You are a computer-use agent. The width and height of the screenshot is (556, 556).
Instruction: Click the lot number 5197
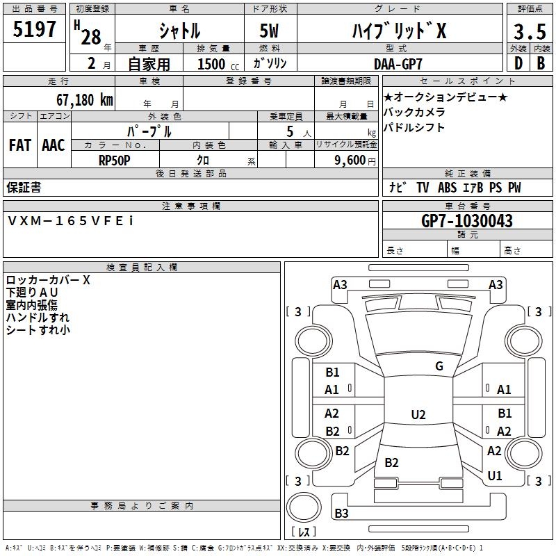pyautogui.click(x=35, y=30)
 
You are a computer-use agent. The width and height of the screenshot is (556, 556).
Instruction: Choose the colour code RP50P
pyautogui.click(x=115, y=160)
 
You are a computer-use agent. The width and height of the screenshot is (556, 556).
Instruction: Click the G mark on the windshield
pyautogui.click(x=439, y=366)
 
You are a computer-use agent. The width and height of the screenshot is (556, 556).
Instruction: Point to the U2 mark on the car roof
pyautogui.click(x=418, y=415)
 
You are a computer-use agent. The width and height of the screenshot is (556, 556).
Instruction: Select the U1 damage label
pyautogui.click(x=495, y=476)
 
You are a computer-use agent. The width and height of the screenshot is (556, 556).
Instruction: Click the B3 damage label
pyautogui.click(x=341, y=514)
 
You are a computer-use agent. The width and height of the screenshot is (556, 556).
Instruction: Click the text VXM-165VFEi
pyautogui.click(x=70, y=220)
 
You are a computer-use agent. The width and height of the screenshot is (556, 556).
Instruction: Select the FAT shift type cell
pyautogui.click(x=19, y=145)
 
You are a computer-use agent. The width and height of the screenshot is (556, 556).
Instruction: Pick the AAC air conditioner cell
pyautogui.click(x=54, y=145)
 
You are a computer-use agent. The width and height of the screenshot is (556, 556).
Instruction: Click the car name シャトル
pyautogui.click(x=179, y=31)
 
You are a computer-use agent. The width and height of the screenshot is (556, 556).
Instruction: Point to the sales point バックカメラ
pyautogui.click(x=414, y=112)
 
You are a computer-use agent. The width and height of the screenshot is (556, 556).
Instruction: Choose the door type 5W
pyautogui.click(x=270, y=31)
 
